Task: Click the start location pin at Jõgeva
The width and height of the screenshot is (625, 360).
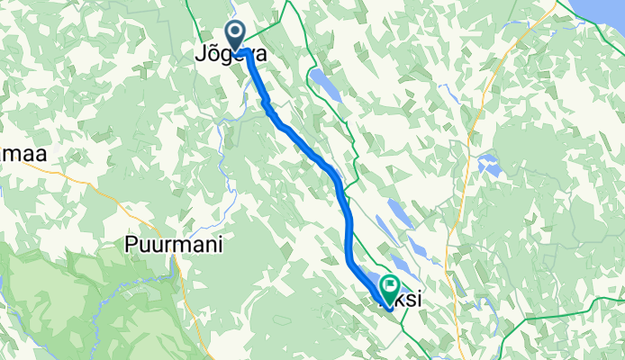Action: pos(236,37)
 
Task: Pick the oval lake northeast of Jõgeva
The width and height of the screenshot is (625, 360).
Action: pos(326,85)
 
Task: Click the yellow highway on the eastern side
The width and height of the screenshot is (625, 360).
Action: pos(486,99)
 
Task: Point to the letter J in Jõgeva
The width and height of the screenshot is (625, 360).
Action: pos(200,55)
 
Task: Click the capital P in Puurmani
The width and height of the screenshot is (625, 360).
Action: pos(130,245)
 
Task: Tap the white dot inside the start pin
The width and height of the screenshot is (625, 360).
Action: pos(236,34)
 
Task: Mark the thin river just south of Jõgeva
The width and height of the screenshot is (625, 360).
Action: pos(222,135)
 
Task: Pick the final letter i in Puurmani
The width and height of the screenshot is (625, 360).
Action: pos(219,245)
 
